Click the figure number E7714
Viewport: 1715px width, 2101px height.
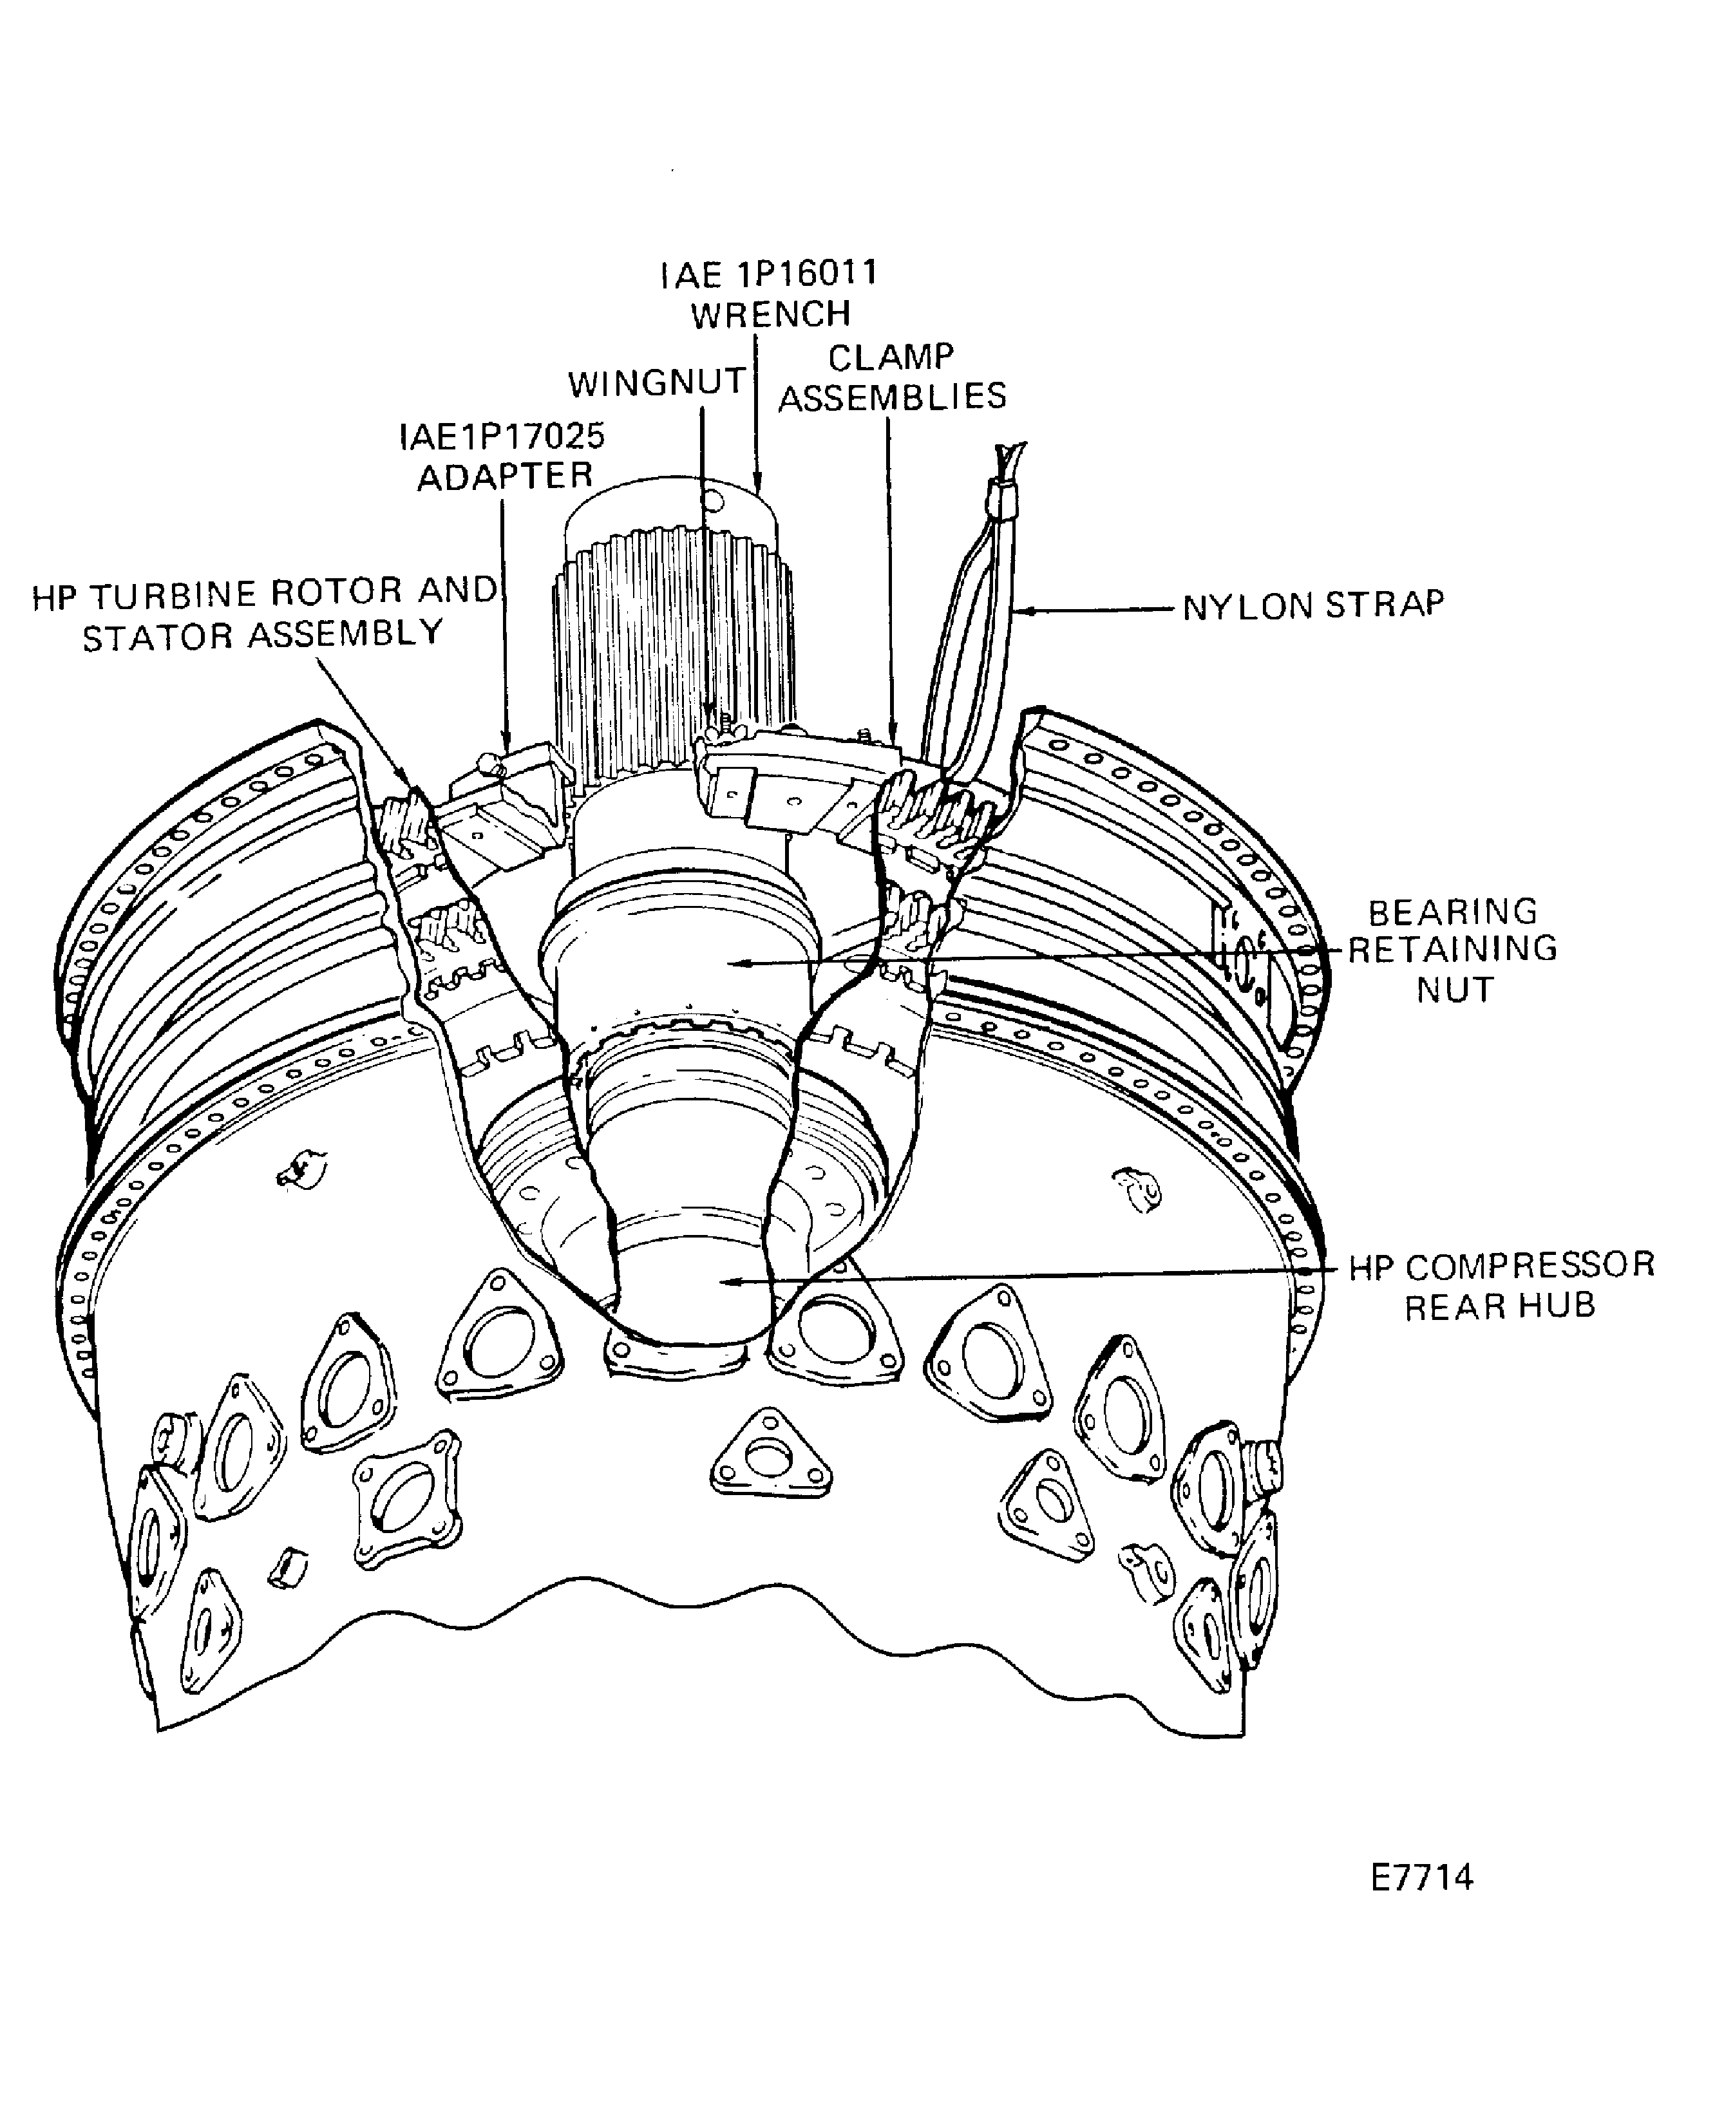pos(1421,1877)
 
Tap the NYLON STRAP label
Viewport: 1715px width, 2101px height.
pos(1313,605)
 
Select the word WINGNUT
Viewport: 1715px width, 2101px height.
pos(657,383)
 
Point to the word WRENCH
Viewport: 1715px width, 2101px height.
pos(771,315)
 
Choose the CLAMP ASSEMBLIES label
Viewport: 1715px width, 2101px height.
pos(892,376)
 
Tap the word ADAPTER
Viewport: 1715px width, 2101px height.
pos(505,476)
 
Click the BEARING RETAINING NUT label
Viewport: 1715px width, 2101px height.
pos(1453,950)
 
